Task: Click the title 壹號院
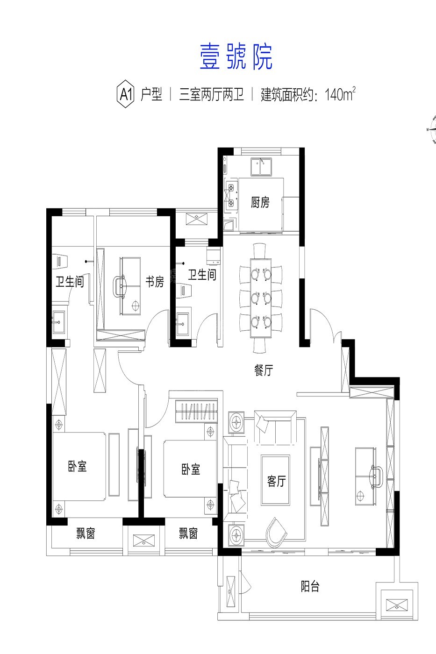(236, 57)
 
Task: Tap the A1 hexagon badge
(126, 94)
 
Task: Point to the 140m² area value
(340, 94)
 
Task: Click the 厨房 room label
(260, 202)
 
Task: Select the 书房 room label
(155, 281)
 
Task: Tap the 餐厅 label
(264, 370)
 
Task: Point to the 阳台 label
(310, 586)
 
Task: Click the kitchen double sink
(261, 167)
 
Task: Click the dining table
(261, 298)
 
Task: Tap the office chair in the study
(120, 285)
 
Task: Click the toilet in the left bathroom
(60, 261)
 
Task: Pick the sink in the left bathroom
(59, 322)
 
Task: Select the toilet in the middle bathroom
(184, 290)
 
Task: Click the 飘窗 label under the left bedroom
(86, 533)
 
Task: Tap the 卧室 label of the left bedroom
(78, 466)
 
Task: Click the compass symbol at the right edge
(432, 129)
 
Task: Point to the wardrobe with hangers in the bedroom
(197, 411)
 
